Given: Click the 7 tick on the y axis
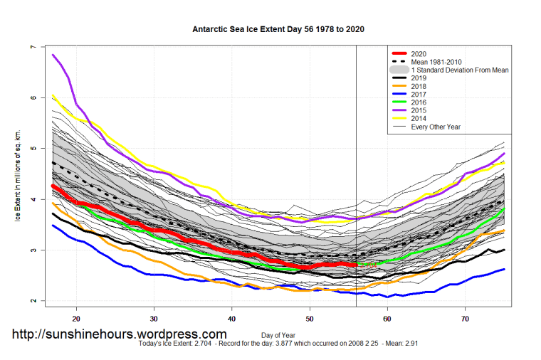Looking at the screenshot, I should (32, 48).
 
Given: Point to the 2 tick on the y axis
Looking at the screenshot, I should (32, 301).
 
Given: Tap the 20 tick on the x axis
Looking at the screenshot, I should (76, 317).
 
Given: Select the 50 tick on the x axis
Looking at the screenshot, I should (310, 317).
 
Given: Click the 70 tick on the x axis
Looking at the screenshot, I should (465, 317).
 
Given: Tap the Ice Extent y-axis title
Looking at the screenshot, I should (18, 175).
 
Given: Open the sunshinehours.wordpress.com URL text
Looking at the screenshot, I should (119, 334).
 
